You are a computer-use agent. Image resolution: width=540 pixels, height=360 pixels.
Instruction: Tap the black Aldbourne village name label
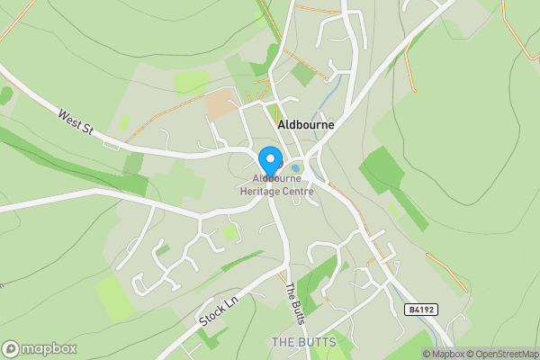tap(307, 125)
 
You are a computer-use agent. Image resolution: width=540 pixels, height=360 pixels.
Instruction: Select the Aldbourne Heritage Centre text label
tap(276, 185)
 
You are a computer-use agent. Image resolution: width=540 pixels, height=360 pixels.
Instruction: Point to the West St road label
tap(76, 121)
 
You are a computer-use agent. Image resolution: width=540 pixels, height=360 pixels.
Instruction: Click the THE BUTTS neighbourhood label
tap(303, 343)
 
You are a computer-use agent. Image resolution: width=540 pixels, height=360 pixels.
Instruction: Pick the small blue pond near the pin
tap(295, 167)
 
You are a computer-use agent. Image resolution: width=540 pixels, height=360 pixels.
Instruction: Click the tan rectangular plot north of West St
tap(220, 103)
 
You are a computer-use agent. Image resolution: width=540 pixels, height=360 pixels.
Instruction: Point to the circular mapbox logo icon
tap(12, 348)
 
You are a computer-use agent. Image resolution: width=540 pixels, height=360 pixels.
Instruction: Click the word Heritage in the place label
tap(257, 191)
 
